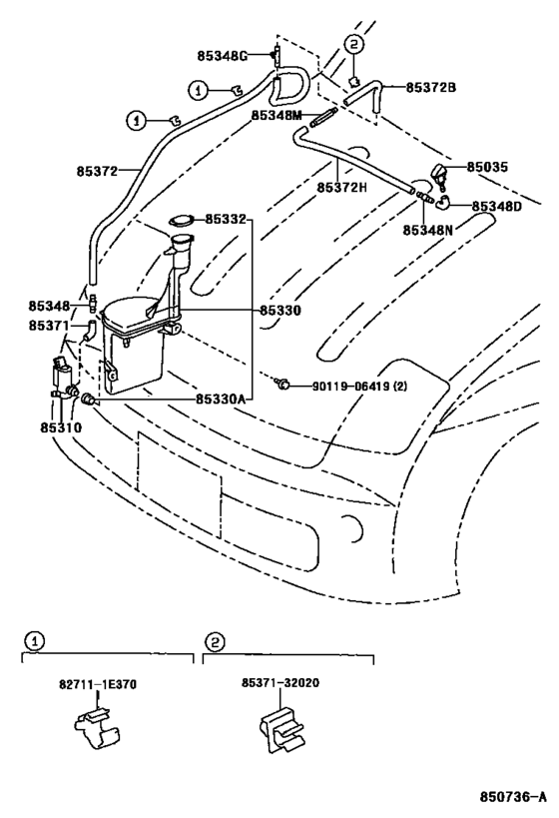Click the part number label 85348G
pyautogui.click(x=223, y=55)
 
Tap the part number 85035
pyautogui.click(x=487, y=167)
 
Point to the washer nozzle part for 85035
pyautogui.click(x=440, y=175)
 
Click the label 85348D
pyautogui.click(x=496, y=207)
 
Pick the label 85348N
pyautogui.click(x=427, y=230)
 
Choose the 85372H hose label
pyautogui.click(x=342, y=187)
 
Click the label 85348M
pyautogui.click(x=277, y=114)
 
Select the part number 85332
pyautogui.click(x=225, y=219)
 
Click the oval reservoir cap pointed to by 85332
pyautogui.click(x=181, y=221)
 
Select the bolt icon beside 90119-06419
pyautogui.click(x=282, y=385)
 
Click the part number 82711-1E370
pyautogui.click(x=98, y=683)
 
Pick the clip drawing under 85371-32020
pyautogui.click(x=281, y=730)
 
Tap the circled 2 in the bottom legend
pyautogui.click(x=215, y=641)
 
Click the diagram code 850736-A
pyautogui.click(x=514, y=797)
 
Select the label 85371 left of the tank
pyautogui.click(x=49, y=325)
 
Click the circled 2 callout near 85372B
pyautogui.click(x=354, y=44)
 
